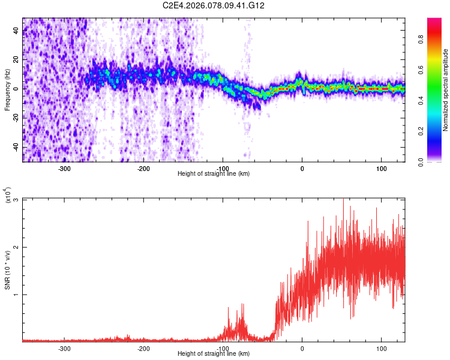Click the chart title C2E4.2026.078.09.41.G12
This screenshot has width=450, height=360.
[214, 5]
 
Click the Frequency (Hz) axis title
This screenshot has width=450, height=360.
[7, 89]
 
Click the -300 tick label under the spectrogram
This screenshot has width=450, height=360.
[64, 168]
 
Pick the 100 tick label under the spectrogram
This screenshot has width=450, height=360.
[382, 168]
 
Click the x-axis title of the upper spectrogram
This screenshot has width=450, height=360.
[214, 174]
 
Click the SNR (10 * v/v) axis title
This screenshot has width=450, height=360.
[8, 269]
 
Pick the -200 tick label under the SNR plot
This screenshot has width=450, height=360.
[143, 348]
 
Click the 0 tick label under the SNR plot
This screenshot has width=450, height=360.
[302, 348]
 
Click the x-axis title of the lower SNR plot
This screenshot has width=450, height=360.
[214, 354]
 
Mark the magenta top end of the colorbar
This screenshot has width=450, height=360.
[434, 20]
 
